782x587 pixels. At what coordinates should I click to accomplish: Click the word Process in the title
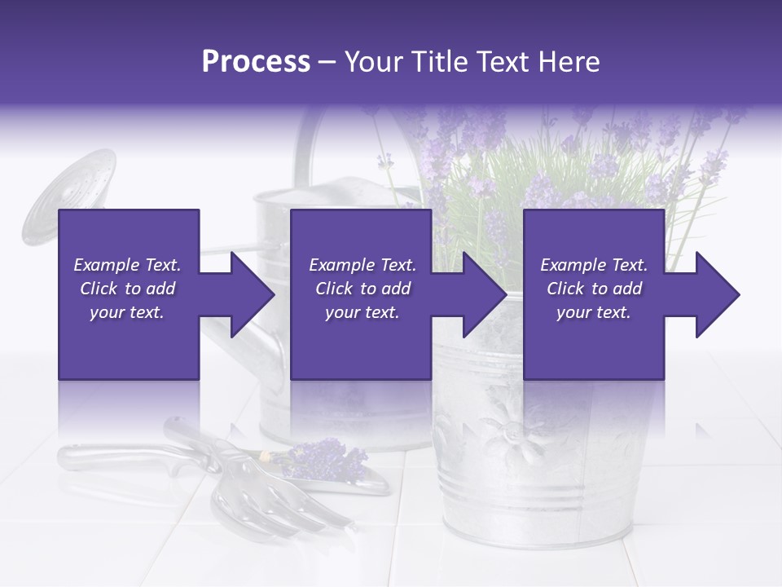(x=256, y=62)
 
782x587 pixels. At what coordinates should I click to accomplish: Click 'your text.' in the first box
(x=127, y=312)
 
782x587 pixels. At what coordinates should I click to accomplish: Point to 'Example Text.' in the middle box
(x=362, y=265)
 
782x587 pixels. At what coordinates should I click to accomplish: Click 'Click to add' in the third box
(x=595, y=289)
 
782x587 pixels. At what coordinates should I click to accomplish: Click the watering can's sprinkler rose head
(x=70, y=196)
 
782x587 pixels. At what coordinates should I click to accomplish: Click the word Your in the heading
(x=371, y=62)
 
